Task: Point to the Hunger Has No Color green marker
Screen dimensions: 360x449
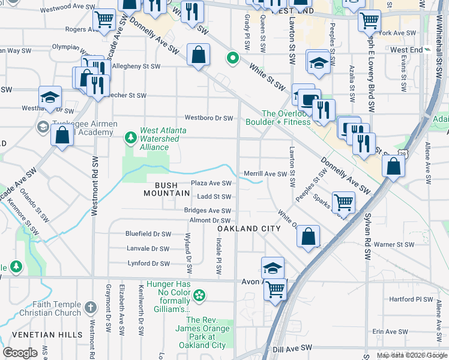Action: [199, 296]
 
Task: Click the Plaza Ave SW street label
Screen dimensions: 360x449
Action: [211, 183]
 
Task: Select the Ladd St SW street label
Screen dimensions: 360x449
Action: [214, 197]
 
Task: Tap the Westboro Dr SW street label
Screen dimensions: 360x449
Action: [208, 118]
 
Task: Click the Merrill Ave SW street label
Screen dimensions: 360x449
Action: [266, 174]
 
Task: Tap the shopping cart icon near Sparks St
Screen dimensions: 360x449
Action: [343, 203]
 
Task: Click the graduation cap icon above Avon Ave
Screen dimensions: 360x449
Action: [273, 268]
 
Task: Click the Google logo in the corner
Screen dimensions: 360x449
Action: [20, 353]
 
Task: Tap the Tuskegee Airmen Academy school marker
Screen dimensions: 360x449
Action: [43, 127]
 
